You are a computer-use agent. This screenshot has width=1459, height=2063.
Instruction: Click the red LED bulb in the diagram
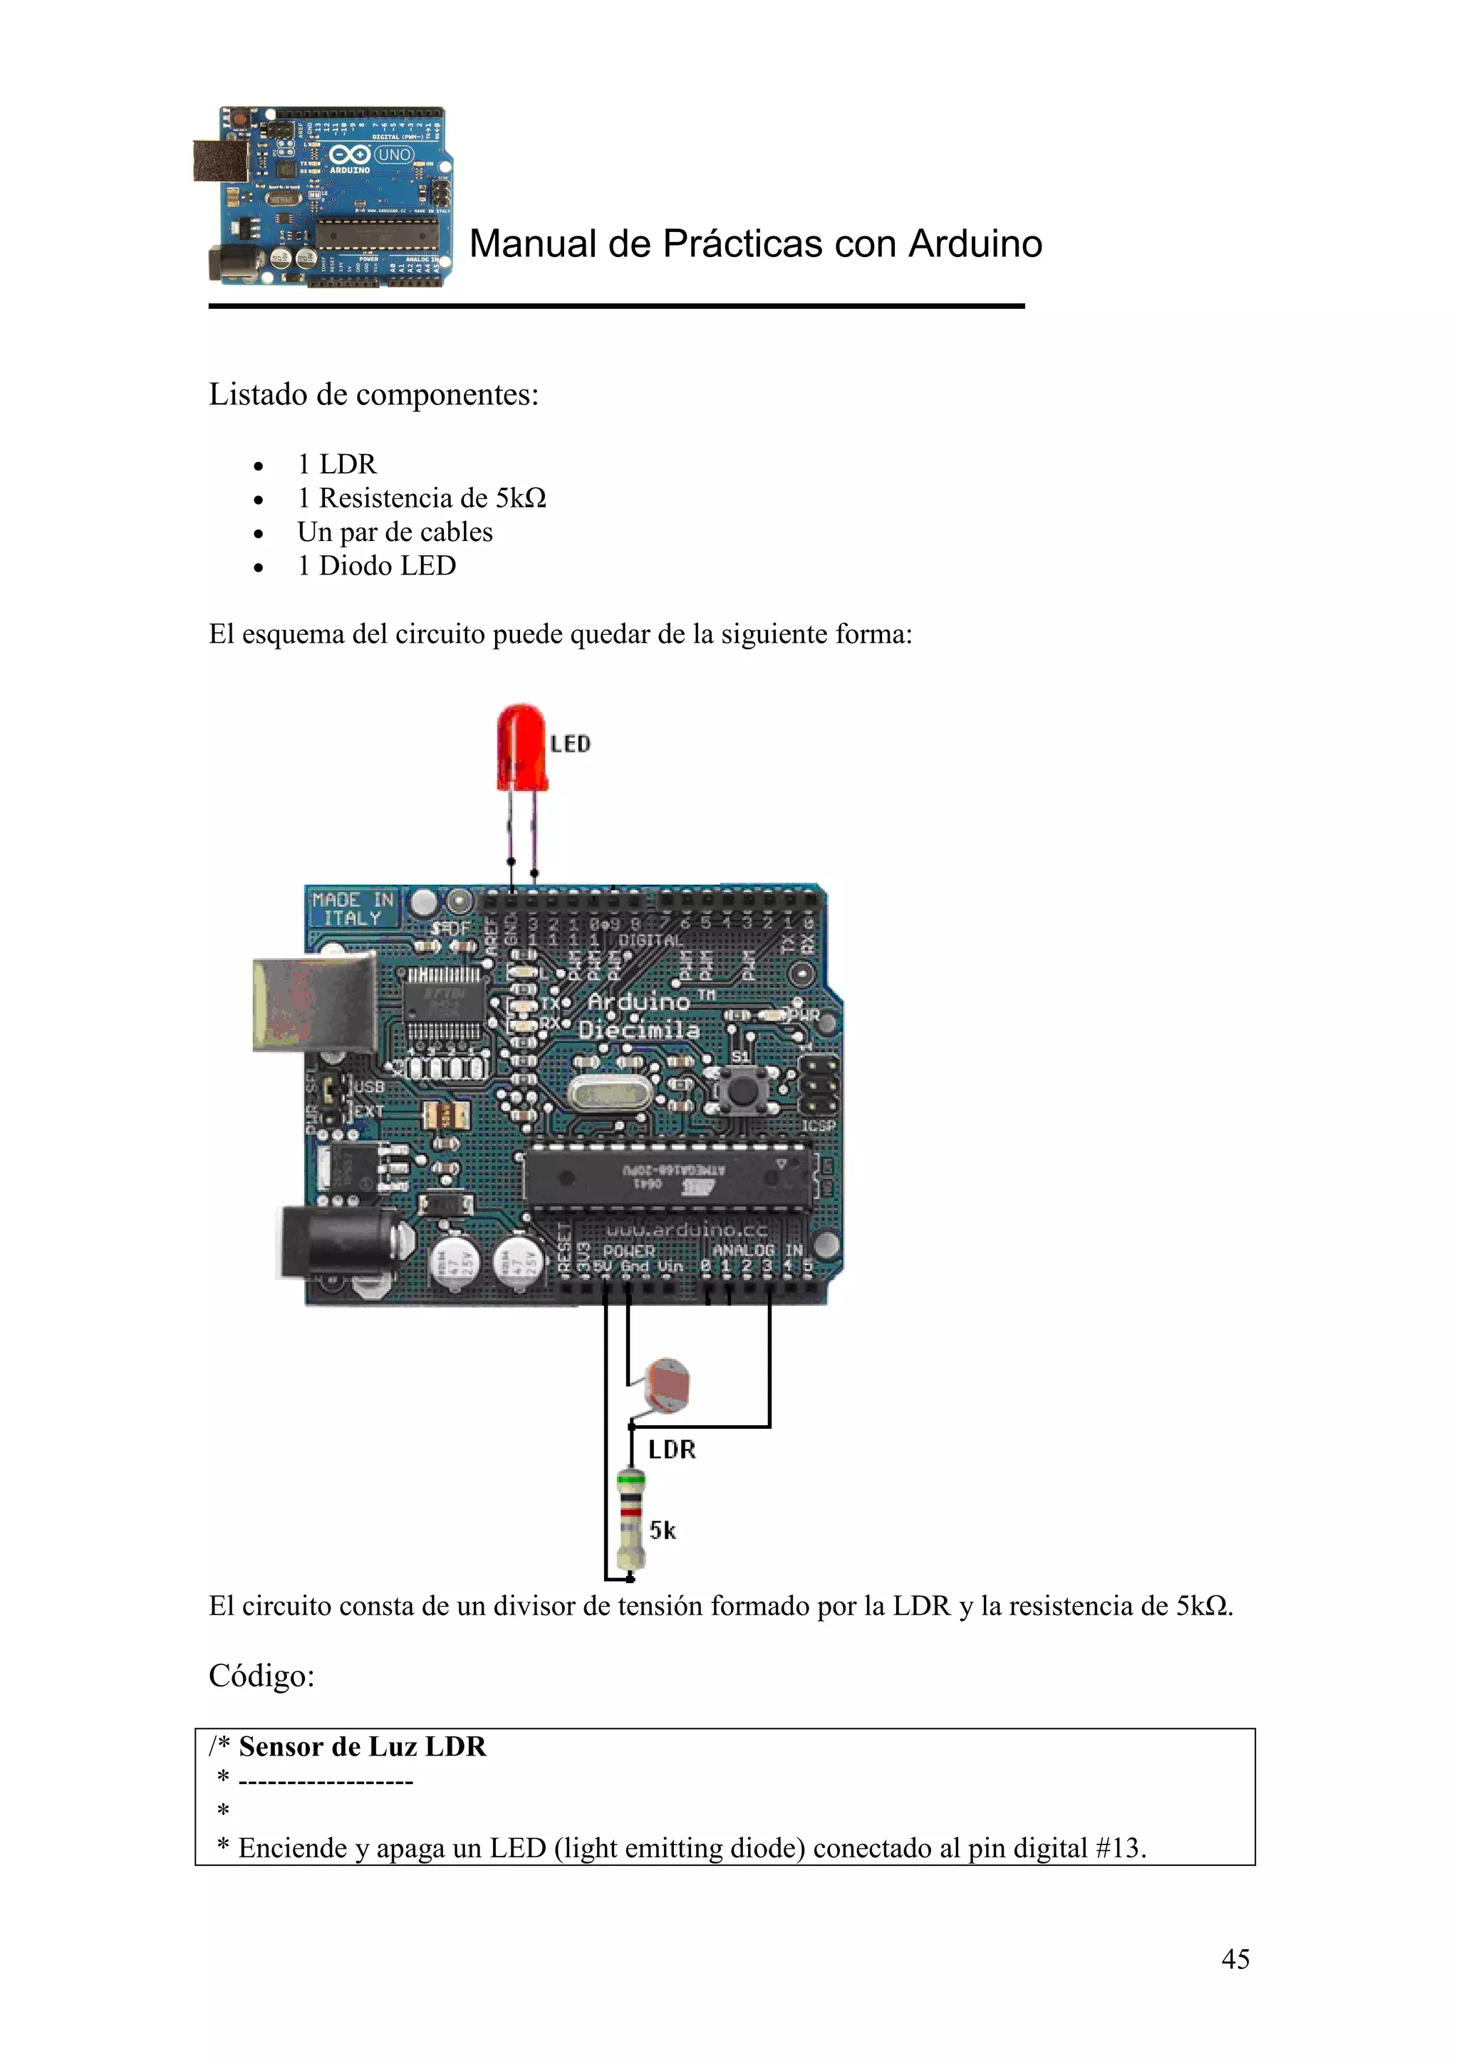point(521,748)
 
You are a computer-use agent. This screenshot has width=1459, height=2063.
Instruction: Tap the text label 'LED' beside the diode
point(570,744)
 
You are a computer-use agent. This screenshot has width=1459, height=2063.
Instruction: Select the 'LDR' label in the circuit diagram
point(672,1449)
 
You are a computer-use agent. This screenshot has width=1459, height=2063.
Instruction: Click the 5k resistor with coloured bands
point(631,1521)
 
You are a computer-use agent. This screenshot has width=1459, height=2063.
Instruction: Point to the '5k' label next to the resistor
point(663,1531)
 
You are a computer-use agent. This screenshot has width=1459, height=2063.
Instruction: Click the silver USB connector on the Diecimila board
point(315,1004)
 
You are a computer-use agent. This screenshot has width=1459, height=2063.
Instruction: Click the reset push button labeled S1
point(742,1093)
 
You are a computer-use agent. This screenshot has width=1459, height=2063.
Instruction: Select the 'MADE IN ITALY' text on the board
point(353,908)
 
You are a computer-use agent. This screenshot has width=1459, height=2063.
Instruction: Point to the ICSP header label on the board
point(818,1125)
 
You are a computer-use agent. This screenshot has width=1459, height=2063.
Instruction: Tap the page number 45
point(1235,1959)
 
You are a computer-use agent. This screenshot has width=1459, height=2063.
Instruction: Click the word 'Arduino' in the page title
point(975,243)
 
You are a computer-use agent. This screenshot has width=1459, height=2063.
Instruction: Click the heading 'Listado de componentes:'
point(373,394)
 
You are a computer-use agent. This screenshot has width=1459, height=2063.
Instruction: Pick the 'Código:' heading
point(261,1676)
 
